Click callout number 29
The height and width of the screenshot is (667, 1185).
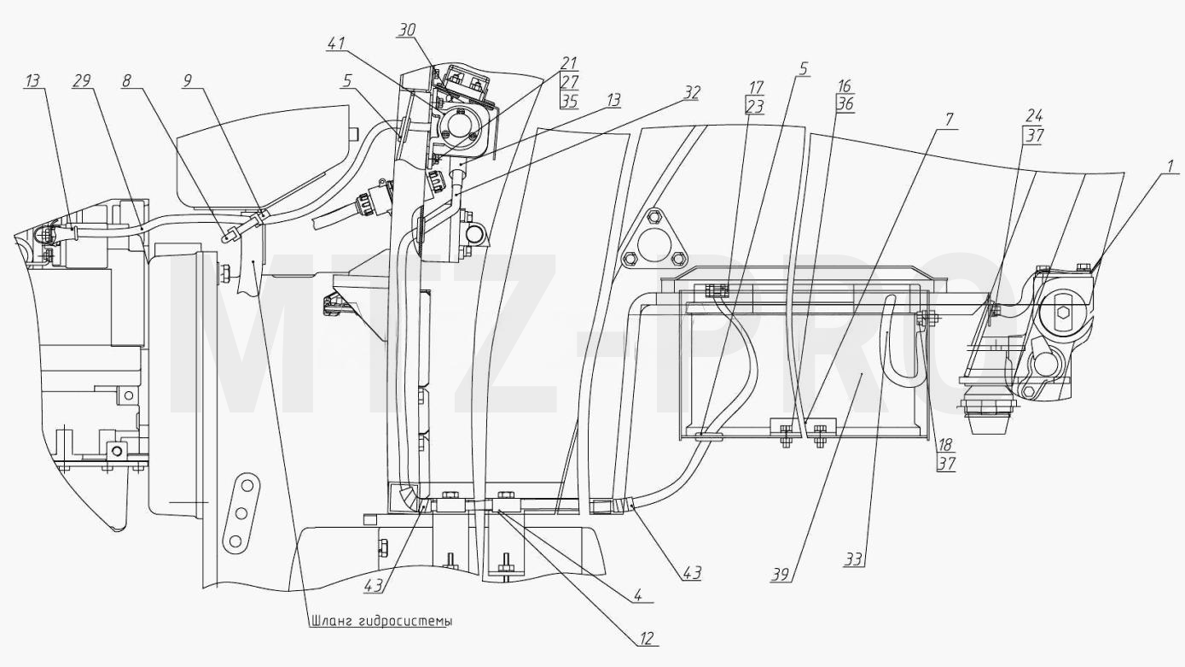[x=81, y=81]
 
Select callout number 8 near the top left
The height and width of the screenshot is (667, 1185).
[x=126, y=81]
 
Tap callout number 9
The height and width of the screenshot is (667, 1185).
[x=188, y=81]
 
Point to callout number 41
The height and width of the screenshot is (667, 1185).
[x=336, y=44]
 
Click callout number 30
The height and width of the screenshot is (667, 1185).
[x=407, y=31]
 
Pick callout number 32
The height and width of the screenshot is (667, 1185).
[x=691, y=93]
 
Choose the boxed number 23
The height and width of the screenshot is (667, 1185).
[x=754, y=107]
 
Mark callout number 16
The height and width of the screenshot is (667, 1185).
[x=845, y=85]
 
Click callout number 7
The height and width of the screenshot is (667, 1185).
[x=950, y=120]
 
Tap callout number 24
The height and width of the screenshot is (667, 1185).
[x=1035, y=116]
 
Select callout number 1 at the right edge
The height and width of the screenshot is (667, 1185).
[x=1170, y=167]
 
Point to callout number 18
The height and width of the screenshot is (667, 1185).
[x=945, y=445]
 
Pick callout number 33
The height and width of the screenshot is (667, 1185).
[x=853, y=559]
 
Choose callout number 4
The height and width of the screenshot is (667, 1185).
[x=638, y=595]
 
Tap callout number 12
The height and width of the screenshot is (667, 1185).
[x=647, y=638]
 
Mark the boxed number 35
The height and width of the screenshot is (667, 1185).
[x=569, y=101]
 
